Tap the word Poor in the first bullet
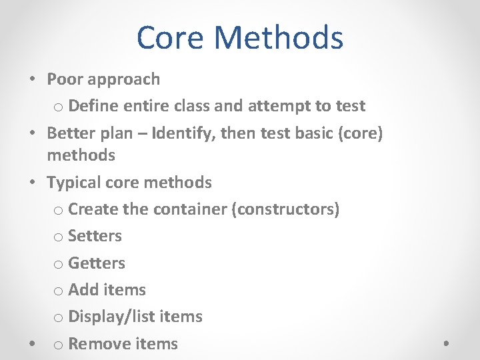point(65,79)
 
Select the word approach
point(124,79)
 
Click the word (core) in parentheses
point(361,133)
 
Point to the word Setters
point(95,235)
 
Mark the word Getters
point(97,263)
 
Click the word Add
point(83,289)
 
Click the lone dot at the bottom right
point(446,344)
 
